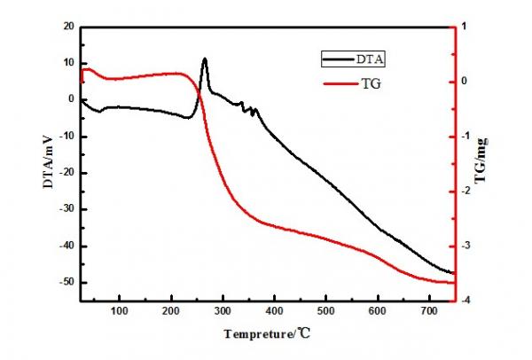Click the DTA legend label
pos(372,59)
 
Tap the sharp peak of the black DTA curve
pos(205,59)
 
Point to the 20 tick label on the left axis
pos(67,27)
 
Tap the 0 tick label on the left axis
pos(71,99)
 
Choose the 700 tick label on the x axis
pos(429,311)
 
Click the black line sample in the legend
pos(338,59)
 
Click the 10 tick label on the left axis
pos(67,63)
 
